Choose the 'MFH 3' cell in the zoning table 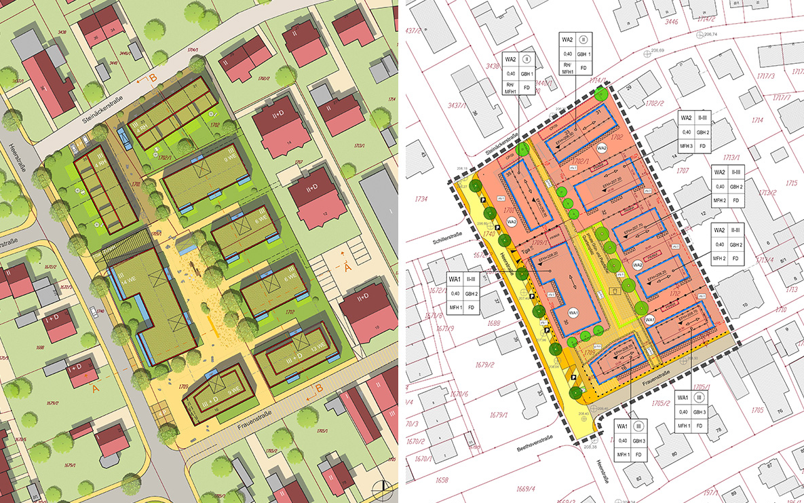point(686,146)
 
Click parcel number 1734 point(423,199)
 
